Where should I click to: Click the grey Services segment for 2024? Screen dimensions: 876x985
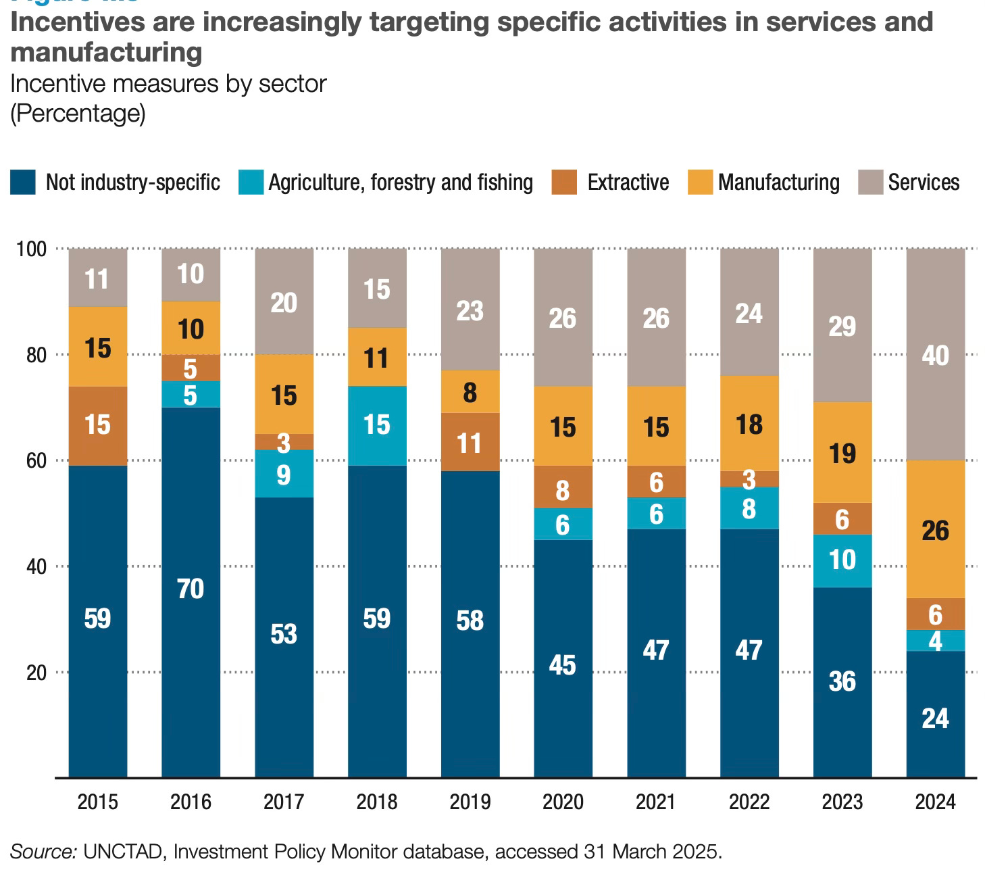[x=935, y=354]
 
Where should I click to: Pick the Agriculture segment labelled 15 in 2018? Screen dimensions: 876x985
[x=377, y=426]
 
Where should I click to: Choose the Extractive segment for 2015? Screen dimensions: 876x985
[x=98, y=426]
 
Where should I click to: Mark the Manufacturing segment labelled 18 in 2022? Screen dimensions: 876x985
[x=749, y=424]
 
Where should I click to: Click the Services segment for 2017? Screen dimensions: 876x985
[x=284, y=301]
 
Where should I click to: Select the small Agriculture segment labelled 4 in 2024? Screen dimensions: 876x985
[x=935, y=641]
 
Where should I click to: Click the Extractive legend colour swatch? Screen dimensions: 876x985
[x=564, y=182]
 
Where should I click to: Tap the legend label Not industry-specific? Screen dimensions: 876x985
[x=132, y=182]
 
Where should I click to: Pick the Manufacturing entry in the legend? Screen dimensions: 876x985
[x=778, y=182]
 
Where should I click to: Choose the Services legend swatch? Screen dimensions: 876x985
[x=871, y=182]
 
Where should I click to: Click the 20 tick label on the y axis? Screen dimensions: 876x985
[x=36, y=673]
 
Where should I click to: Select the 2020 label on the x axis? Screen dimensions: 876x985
[x=563, y=802]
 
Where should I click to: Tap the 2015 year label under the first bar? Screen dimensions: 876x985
[x=98, y=802]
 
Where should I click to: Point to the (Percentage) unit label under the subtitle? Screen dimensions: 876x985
[x=78, y=113]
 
